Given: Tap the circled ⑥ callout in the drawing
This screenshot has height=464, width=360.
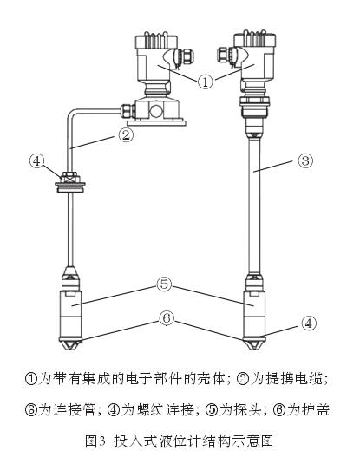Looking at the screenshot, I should click(x=167, y=317).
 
